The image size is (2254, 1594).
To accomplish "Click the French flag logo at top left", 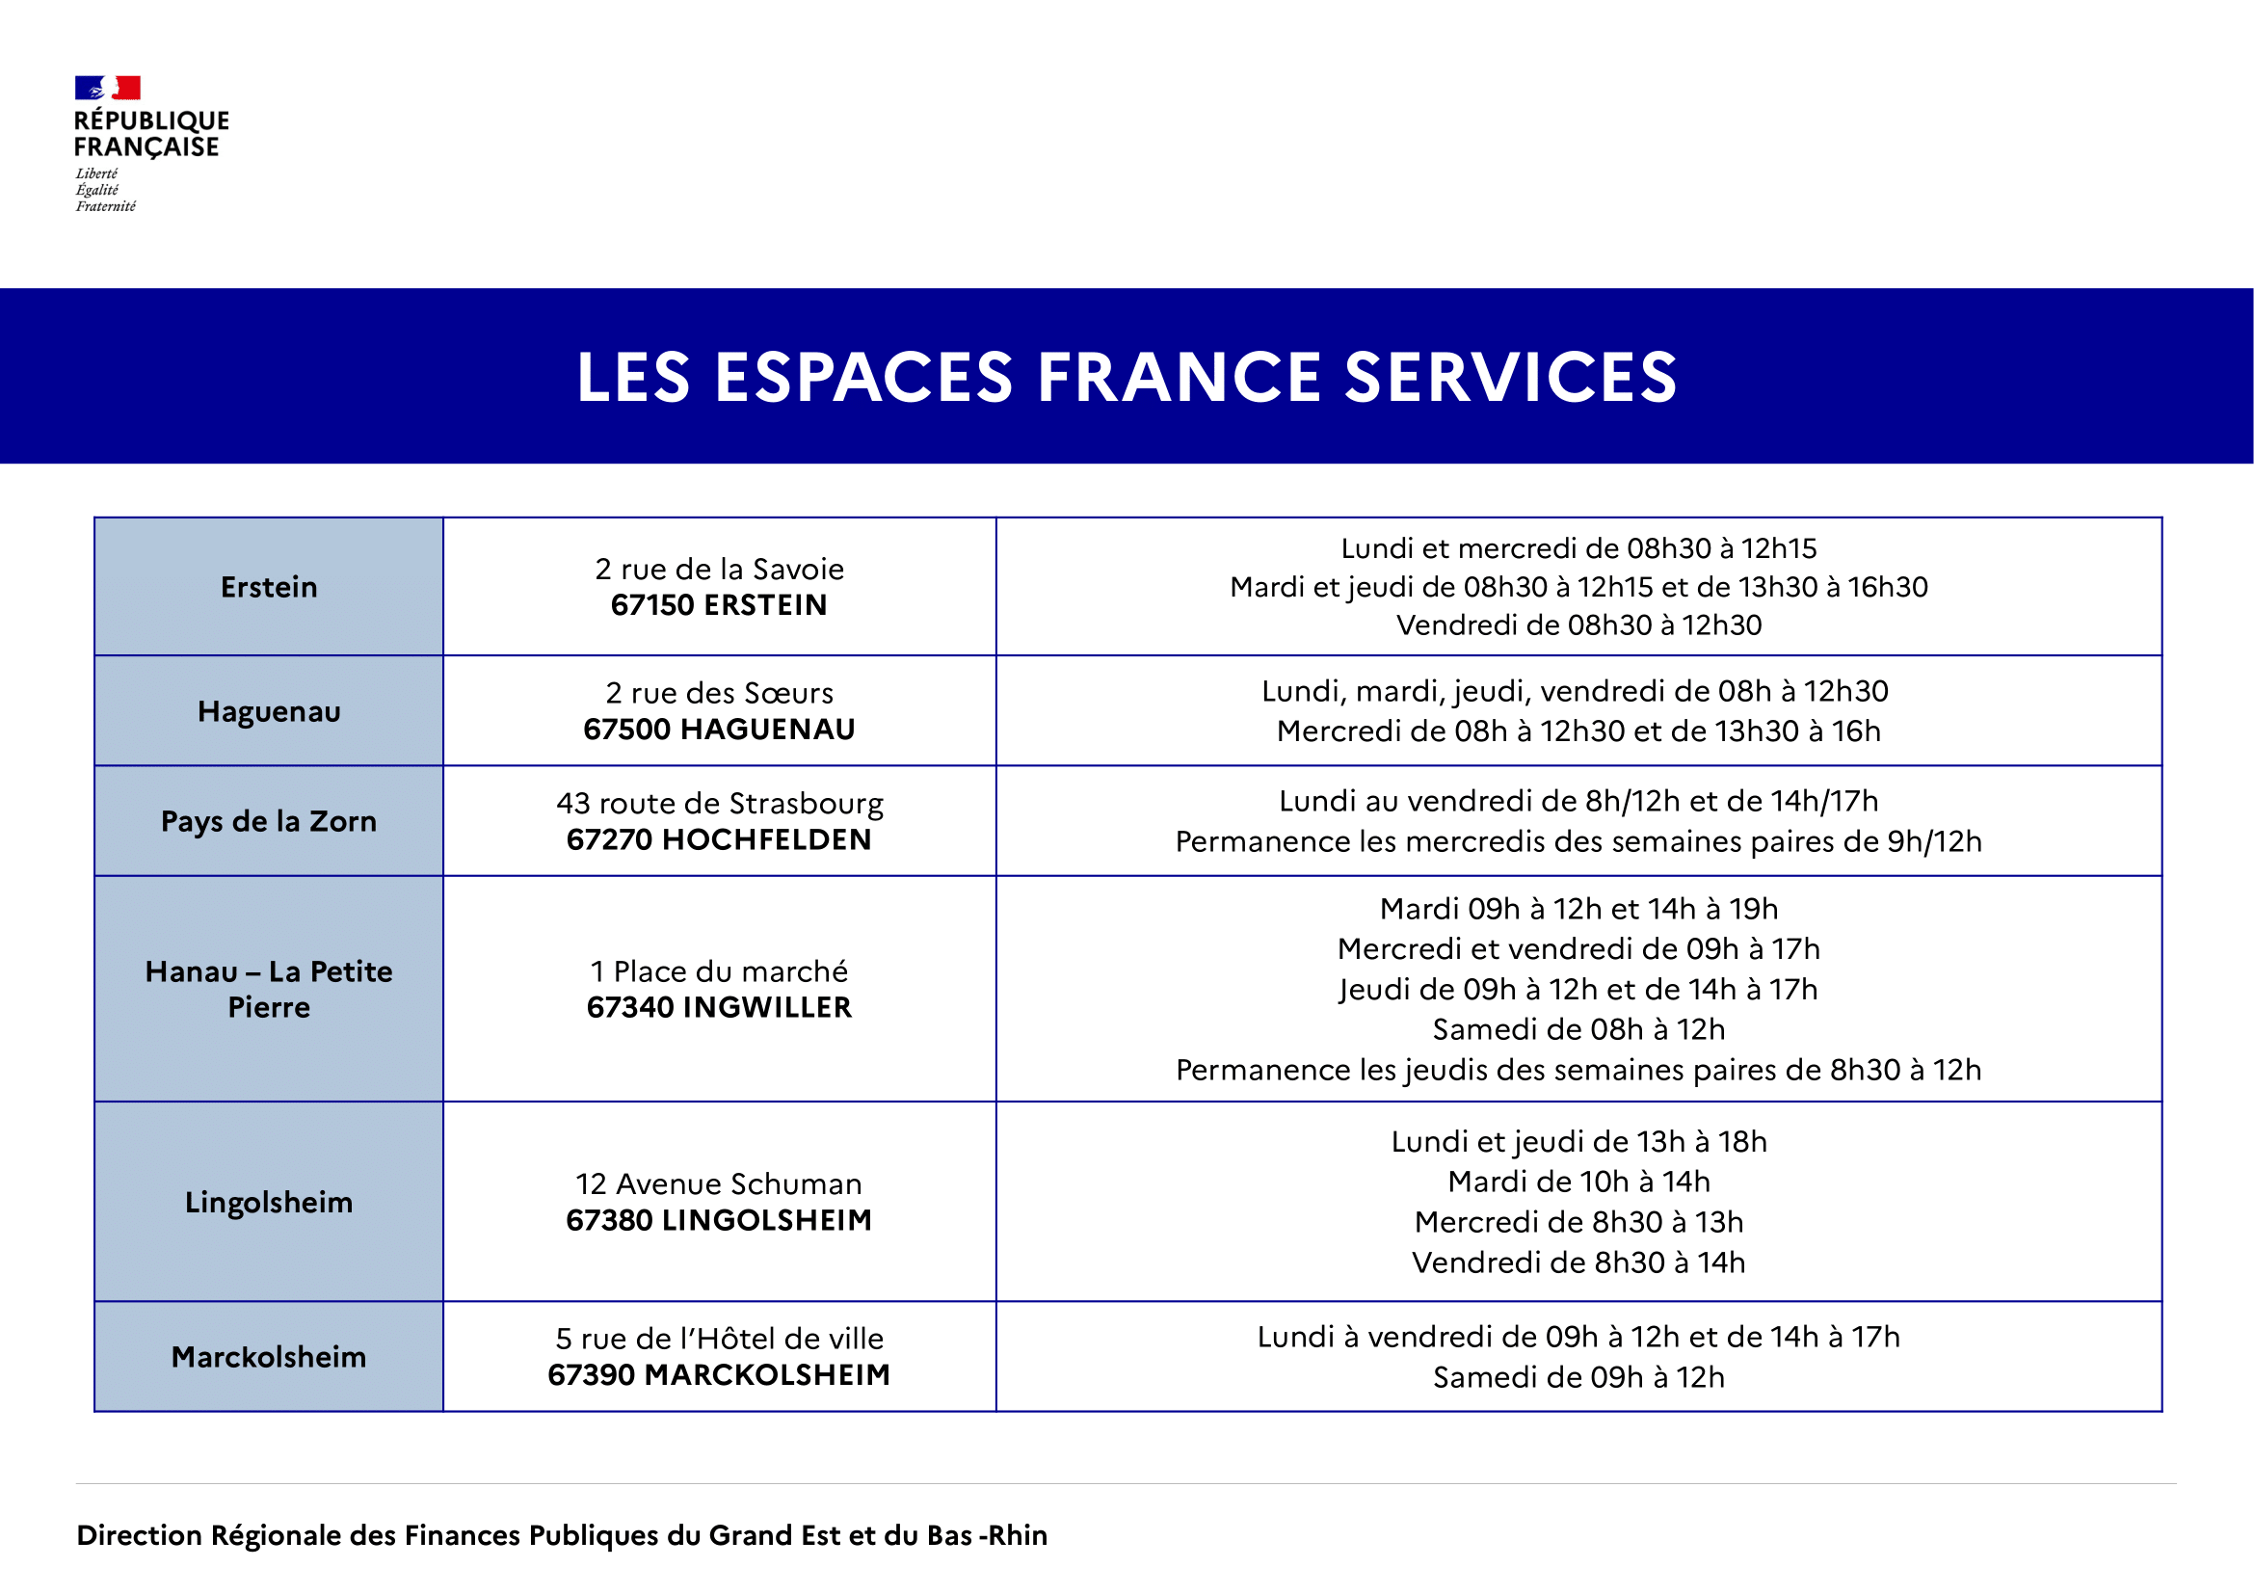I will [107, 89].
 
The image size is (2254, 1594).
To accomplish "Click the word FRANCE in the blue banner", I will [1179, 377].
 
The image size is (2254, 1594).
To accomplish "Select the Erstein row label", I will [269, 587].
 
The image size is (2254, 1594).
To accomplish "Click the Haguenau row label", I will [269, 710].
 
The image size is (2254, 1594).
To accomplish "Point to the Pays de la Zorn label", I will [269, 820].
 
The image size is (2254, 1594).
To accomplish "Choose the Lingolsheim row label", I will [269, 1202].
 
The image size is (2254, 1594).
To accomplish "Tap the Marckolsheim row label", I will [269, 1357].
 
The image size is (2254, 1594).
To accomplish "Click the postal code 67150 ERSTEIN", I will [719, 604].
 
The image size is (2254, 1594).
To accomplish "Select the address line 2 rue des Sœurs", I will [719, 693].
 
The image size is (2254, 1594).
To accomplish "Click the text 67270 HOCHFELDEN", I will [719, 839].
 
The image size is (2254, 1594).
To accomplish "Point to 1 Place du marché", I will [719, 970].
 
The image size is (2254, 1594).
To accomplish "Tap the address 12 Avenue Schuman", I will [719, 1183].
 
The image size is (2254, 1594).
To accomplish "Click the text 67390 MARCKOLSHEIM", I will [719, 1374].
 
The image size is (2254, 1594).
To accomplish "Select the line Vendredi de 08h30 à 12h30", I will [1578, 624].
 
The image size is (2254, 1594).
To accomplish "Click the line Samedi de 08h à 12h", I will [1578, 1028].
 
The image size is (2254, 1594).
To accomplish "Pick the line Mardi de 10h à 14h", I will [1578, 1181].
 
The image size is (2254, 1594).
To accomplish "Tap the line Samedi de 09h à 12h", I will [1578, 1377].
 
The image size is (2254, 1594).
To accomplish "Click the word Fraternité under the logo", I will [106, 206].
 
